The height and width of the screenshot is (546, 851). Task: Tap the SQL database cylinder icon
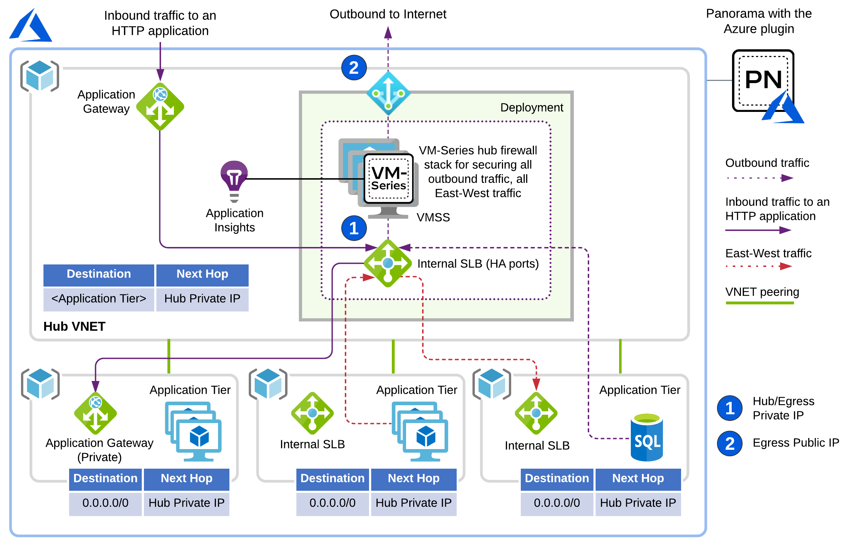(647, 437)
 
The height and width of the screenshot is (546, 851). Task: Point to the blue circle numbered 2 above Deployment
(354, 68)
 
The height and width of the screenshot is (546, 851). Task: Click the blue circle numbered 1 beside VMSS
(354, 228)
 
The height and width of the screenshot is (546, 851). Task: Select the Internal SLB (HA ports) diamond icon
(388, 263)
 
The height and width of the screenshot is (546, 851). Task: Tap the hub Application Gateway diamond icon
(160, 107)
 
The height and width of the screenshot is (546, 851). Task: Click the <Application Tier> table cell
(99, 299)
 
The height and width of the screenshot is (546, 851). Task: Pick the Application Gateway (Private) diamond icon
(95, 413)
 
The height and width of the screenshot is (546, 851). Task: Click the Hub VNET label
(74, 326)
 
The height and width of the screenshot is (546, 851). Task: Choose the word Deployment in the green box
(531, 108)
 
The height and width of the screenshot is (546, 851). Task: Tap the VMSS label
(433, 217)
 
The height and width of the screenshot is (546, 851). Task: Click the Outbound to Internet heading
(388, 14)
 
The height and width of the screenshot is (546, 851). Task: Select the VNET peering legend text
(762, 292)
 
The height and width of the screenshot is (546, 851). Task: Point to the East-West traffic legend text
(768, 253)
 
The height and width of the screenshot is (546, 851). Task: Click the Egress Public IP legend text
(796, 443)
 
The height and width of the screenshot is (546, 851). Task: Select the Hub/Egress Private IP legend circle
(730, 408)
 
